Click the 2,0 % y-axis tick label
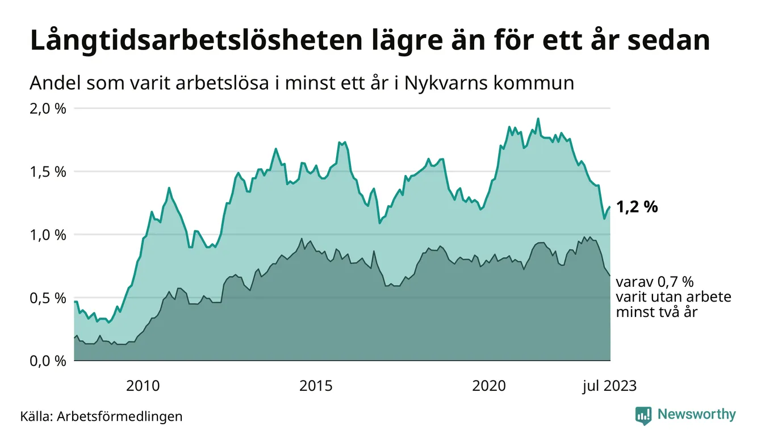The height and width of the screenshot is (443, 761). pos(48,108)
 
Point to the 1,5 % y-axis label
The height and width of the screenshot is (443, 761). pos(48,172)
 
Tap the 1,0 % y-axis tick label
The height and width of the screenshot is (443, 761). pos(48,235)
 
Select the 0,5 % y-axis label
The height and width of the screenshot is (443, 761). pos(48,298)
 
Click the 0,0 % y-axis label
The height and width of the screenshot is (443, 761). pos(48,361)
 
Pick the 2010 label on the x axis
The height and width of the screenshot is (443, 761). pos(143,386)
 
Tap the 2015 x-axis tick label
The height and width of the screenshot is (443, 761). pos(316,386)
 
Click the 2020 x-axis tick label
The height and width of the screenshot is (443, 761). pos(489,386)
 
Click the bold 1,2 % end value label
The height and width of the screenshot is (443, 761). pos(637,207)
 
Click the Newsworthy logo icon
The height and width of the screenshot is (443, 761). pos(643,415)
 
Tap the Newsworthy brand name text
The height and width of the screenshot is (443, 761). pos(696,415)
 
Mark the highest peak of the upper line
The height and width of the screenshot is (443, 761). pos(538,119)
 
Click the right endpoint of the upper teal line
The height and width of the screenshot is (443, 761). pos(610,207)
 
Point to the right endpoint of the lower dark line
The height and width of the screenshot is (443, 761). pos(610,275)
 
